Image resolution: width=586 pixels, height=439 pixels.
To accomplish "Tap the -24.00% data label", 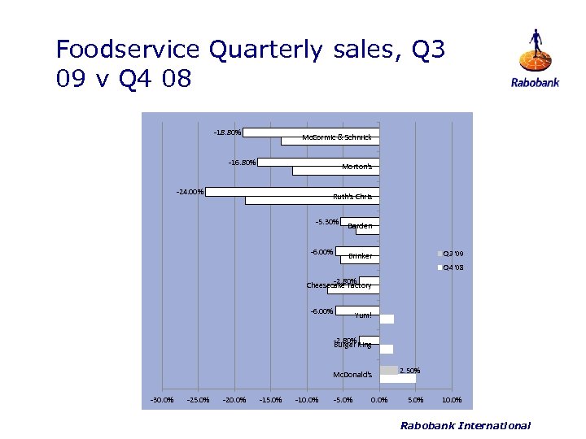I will (x=190, y=192).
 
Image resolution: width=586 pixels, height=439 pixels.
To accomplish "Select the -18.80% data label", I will (x=227, y=132).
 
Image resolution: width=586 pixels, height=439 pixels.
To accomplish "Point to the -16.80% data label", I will (x=242, y=162).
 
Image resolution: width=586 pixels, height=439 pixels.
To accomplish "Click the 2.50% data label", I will (x=409, y=371).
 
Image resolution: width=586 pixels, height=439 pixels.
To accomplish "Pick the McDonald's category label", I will (x=352, y=375).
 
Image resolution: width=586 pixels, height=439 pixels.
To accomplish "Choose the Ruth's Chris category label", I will (x=352, y=196).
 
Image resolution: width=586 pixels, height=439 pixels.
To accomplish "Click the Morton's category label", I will (x=356, y=167).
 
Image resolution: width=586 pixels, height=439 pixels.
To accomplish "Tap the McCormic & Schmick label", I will (x=336, y=137).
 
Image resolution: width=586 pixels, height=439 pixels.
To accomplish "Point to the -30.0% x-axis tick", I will (x=161, y=400).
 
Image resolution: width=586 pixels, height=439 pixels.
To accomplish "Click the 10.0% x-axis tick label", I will (x=452, y=400).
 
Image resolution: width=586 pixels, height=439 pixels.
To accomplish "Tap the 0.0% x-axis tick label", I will (x=379, y=400).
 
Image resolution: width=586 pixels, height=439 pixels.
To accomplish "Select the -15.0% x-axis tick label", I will (x=270, y=400).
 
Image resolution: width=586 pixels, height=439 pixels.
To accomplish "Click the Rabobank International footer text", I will (x=466, y=425).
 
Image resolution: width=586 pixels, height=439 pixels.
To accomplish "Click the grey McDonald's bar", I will (x=388, y=370).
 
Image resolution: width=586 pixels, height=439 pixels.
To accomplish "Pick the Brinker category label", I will (x=360, y=256).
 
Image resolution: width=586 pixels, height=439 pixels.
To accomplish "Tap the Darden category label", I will (x=360, y=226).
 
